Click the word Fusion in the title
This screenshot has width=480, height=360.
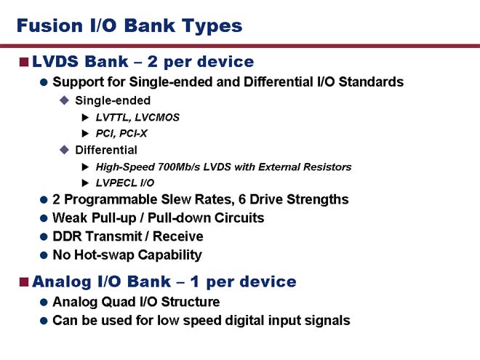coord(49,25)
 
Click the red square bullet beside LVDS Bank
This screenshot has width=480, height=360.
coord(24,62)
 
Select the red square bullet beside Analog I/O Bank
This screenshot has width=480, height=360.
coord(24,282)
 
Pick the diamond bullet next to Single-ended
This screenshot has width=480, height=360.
coord(64,100)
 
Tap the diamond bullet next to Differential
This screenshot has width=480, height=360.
coord(64,150)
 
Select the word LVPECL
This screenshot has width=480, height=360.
coord(116,183)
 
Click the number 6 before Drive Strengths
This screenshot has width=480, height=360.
coord(242,199)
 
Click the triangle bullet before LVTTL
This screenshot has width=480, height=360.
coord(85,117)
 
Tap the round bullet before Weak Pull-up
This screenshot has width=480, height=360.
coord(44,218)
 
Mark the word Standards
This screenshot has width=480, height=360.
coord(371,81)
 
